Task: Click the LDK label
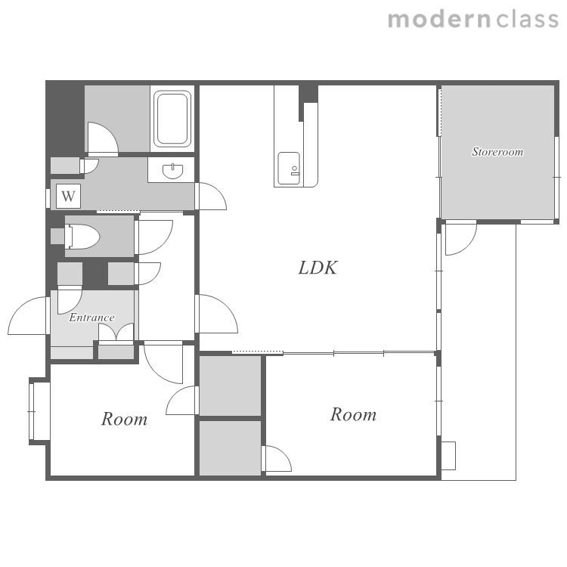(318, 268)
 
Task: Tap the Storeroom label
(497, 151)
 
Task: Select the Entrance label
(91, 318)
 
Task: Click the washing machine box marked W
(68, 196)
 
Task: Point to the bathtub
(172, 119)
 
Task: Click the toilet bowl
(82, 237)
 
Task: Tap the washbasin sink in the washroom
(173, 171)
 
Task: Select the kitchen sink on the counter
(289, 168)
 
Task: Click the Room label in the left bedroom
(124, 419)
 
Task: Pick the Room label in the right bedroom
(353, 414)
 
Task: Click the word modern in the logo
(439, 20)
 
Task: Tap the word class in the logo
(528, 20)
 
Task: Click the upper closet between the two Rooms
(230, 386)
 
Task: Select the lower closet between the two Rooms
(230, 448)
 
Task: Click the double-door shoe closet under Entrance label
(116, 332)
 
